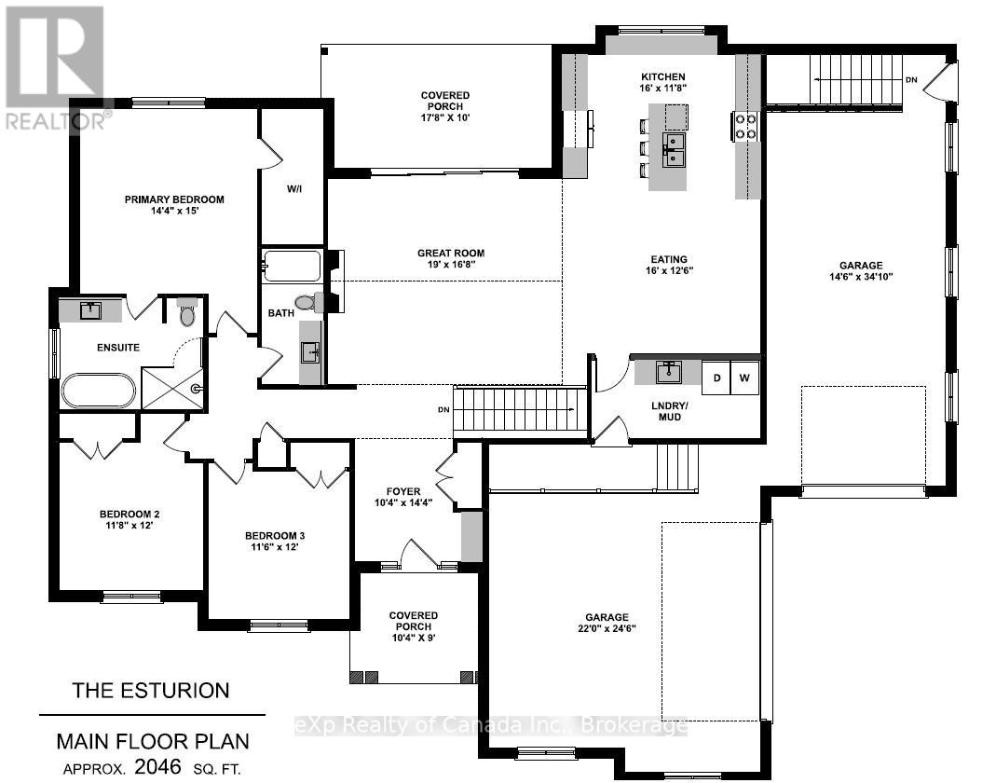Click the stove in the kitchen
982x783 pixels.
pos(745,126)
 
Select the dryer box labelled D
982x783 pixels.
pos(716,378)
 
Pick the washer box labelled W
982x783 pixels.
pos(744,378)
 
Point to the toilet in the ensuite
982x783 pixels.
pos(187,312)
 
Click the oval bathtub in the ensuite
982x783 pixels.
pos(98,391)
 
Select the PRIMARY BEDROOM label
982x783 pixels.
pos(174,199)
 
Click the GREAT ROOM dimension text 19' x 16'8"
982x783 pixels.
pos(451,265)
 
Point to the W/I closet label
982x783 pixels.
pos(294,188)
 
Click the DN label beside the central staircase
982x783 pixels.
pos(443,409)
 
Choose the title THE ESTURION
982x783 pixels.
pos(151,691)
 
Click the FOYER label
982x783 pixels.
pos(403,492)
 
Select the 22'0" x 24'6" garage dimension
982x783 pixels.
pos(607,628)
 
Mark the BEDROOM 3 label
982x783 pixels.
pos(275,536)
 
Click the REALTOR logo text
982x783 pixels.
pos(56,121)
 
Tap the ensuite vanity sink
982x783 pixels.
pos(90,310)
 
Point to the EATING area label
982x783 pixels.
pos(669,259)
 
